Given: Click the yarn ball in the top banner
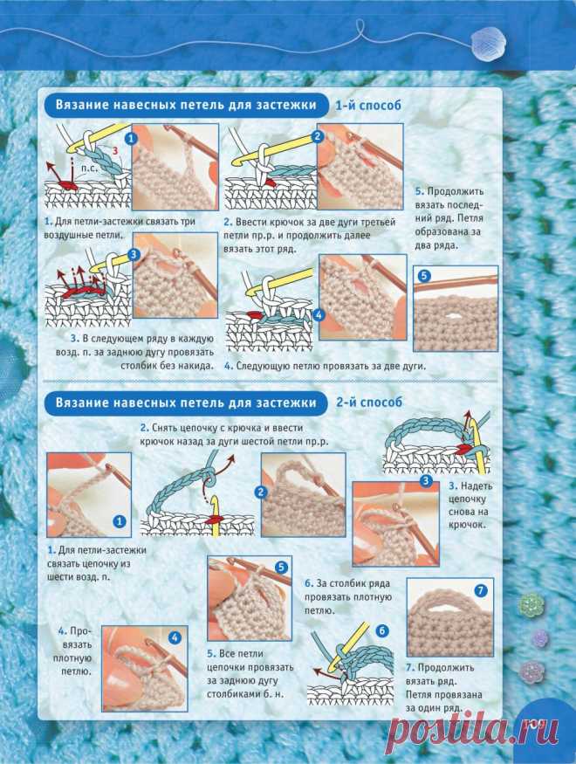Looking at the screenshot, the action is pyautogui.click(x=489, y=41).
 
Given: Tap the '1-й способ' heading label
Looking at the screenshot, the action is pyautogui.click(x=368, y=106).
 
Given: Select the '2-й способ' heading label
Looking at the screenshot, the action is pyautogui.click(x=369, y=403).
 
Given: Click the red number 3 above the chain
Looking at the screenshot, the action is pyautogui.click(x=115, y=150).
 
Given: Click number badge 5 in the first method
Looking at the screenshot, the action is pyautogui.click(x=423, y=276).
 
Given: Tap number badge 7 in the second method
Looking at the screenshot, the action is pyautogui.click(x=481, y=590).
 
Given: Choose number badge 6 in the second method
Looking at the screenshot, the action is pyautogui.click(x=382, y=631).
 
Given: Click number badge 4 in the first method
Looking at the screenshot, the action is pyautogui.click(x=319, y=314).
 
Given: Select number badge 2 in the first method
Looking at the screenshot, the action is pyautogui.click(x=318, y=137).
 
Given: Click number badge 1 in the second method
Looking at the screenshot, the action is pyautogui.click(x=119, y=521).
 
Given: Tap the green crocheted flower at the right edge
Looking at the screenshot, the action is pyautogui.click(x=530, y=605).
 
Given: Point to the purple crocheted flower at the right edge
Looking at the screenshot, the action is pyautogui.click(x=540, y=638).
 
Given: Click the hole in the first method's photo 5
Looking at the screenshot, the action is pyautogui.click(x=456, y=316).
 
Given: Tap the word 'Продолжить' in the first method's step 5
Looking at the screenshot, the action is pyautogui.click(x=456, y=191).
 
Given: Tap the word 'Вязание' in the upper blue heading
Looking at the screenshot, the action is pyautogui.click(x=78, y=105).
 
